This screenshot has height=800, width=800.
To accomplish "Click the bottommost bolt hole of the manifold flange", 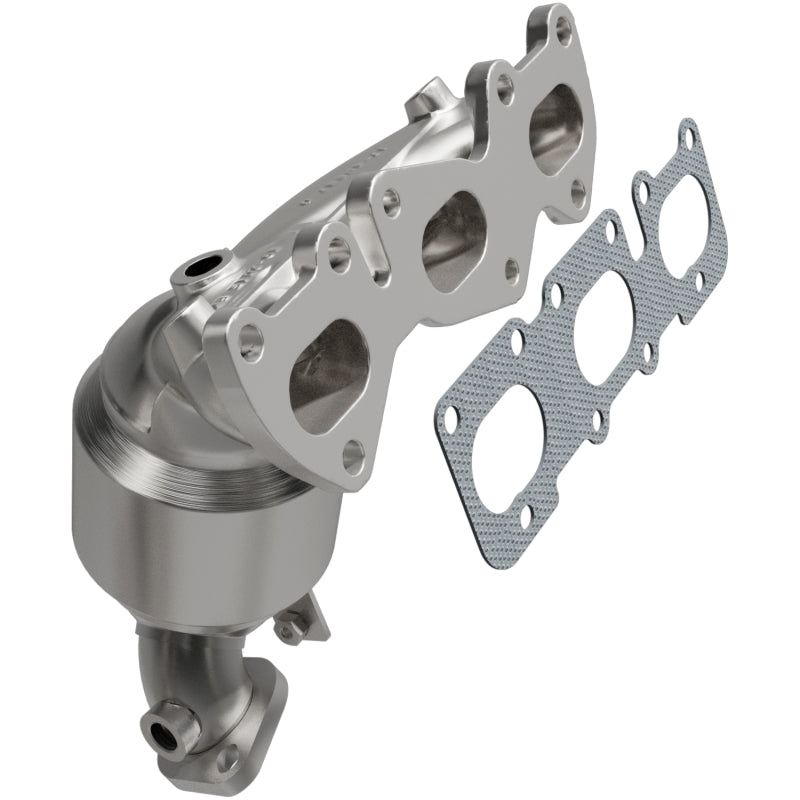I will click(x=352, y=456).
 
